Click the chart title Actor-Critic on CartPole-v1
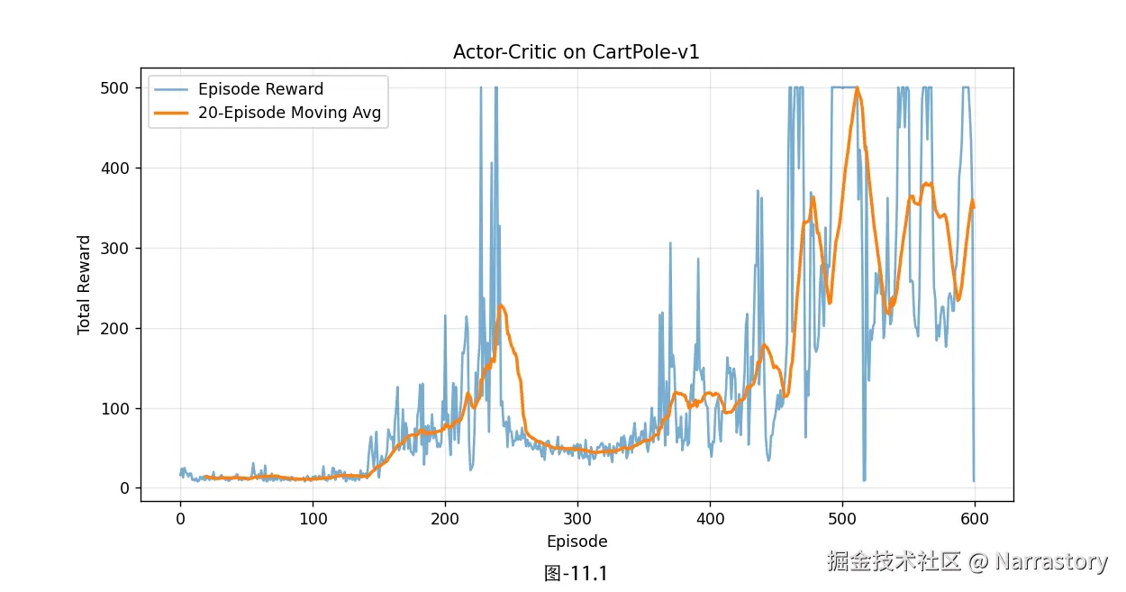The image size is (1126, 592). [577, 52]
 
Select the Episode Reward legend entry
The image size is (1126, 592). [260, 89]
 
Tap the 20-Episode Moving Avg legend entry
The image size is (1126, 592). [289, 114]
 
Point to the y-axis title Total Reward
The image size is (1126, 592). [85, 285]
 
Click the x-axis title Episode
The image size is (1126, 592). [577, 542]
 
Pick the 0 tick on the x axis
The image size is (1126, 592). [180, 519]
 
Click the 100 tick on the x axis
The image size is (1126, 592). [313, 519]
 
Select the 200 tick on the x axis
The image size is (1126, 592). [445, 519]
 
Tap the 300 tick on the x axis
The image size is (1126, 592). [577, 519]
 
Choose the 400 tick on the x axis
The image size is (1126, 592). [710, 519]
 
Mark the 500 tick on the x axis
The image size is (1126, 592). [842, 519]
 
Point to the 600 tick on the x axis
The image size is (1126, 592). [975, 519]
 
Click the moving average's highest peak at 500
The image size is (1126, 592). [857, 88]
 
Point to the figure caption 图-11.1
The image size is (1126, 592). [577, 573]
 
